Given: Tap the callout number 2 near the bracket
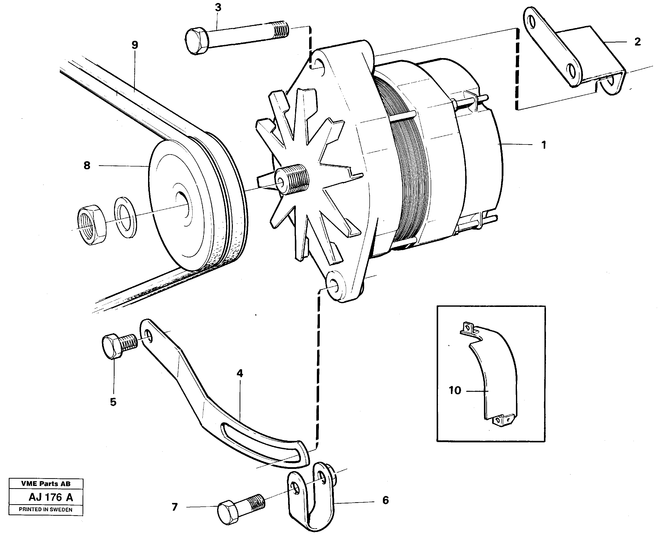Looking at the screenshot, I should click(637, 42).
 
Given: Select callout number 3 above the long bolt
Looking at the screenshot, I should click(218, 8).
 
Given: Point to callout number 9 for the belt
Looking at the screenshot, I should click(135, 45).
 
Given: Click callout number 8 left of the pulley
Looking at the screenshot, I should click(87, 165).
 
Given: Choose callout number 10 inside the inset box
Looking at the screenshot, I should click(455, 391).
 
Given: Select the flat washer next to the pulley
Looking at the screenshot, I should click(126, 217).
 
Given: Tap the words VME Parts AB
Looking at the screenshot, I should click(46, 483).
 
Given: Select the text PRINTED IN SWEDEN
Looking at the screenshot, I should click(46, 509).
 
